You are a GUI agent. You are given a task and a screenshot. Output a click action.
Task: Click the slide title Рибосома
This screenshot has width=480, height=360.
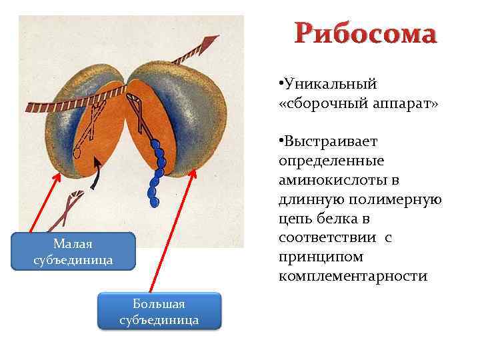(x=367, y=34)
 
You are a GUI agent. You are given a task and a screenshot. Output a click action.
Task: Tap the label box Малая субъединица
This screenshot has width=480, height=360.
(x=73, y=251)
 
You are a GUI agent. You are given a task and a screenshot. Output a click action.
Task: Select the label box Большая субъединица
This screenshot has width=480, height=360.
(x=159, y=311)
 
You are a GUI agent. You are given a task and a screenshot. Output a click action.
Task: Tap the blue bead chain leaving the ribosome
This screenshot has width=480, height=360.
(x=157, y=170)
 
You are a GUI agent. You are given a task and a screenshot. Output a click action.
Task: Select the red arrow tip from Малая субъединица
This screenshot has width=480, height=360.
(x=58, y=175)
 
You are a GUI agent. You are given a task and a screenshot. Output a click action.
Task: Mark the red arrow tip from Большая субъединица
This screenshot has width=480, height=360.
(x=195, y=171)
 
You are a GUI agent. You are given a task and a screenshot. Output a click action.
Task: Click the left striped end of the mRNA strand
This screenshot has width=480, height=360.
(x=33, y=106)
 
